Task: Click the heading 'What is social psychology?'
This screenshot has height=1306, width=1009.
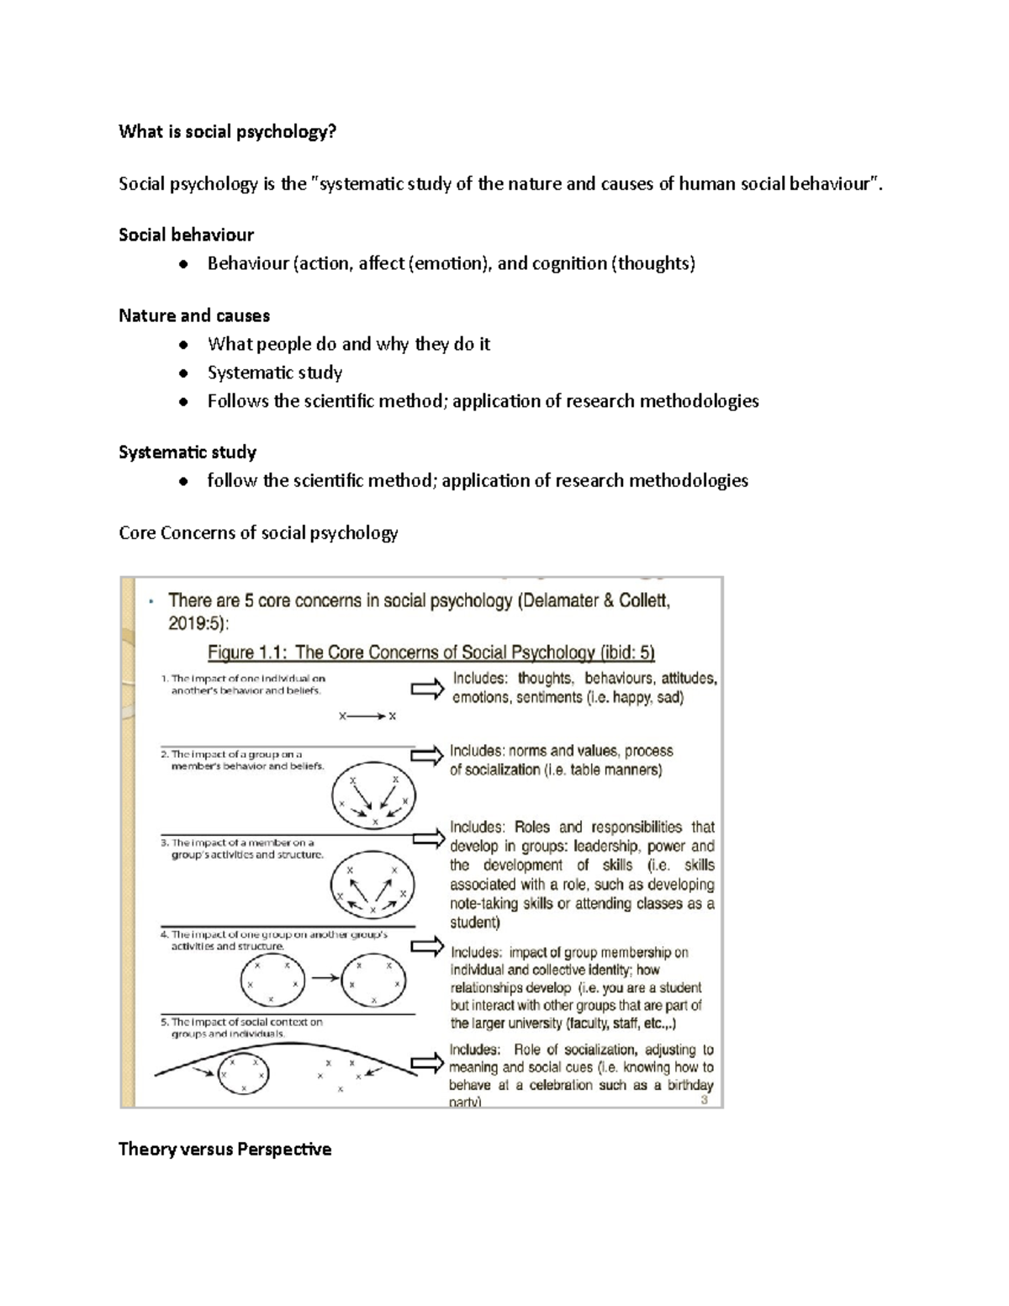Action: [x=227, y=131]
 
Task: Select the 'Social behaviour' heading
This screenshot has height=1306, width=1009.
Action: [x=186, y=235]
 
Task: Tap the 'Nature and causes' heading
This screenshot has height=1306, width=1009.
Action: [x=194, y=315]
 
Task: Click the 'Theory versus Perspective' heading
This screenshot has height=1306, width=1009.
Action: [x=225, y=1149]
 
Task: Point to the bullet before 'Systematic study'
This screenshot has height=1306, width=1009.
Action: [x=183, y=373]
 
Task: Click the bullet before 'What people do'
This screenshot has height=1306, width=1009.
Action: [x=183, y=345]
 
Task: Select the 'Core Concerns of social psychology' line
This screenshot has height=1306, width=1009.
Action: [x=258, y=533]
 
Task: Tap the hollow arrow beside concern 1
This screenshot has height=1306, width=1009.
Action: [x=427, y=690]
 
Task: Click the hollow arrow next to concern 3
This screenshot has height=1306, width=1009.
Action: [x=429, y=838]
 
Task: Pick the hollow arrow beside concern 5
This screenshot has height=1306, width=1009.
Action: [x=427, y=1063]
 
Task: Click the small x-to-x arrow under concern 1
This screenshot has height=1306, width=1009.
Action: [x=367, y=716]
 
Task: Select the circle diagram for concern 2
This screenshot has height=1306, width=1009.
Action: [x=373, y=800]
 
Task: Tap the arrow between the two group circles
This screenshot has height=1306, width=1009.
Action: [x=325, y=978]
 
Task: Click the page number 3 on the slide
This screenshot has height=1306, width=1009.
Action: [x=705, y=1099]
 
